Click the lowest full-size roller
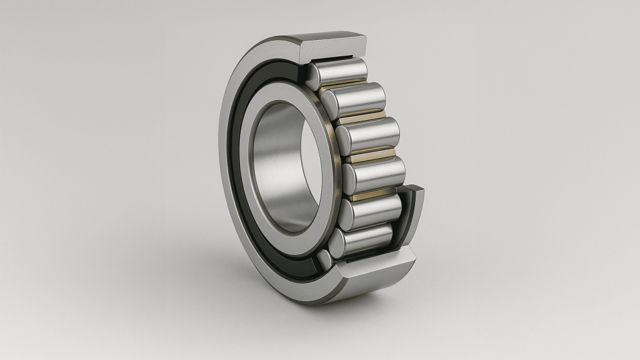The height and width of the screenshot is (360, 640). (362, 240)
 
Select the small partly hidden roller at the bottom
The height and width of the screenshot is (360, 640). (324, 258)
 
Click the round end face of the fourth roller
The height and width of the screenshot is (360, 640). (349, 177)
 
